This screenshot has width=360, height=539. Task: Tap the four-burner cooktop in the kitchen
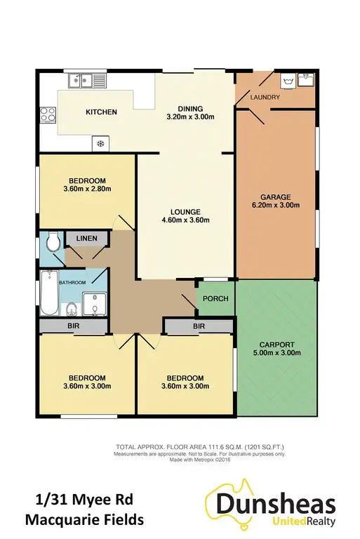[48, 114]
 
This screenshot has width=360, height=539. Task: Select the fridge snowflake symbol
[100, 145]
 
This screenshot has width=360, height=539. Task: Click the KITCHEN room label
[101, 112]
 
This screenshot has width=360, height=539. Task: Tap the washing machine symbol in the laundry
[288, 81]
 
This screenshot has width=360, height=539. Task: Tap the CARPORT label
[277, 344]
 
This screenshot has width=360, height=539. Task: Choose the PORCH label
[215, 299]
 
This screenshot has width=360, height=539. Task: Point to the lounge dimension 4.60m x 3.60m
[185, 220]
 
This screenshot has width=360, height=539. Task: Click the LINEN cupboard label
[87, 239]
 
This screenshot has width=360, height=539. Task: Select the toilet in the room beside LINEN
[51, 244]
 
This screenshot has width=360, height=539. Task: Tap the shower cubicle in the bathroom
[93, 302]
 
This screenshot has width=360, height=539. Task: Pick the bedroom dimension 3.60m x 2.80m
[87, 188]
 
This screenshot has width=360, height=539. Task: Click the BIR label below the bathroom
[73, 326]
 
